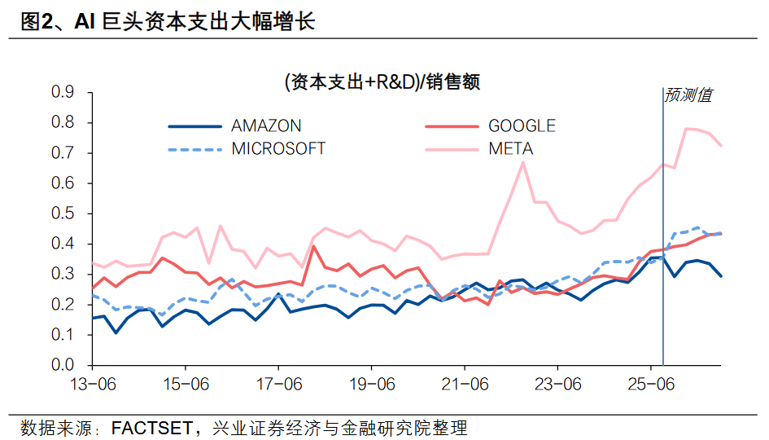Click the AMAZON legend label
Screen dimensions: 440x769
click(x=266, y=125)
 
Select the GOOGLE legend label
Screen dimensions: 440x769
click(x=522, y=125)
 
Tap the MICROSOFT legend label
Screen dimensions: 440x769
click(x=278, y=148)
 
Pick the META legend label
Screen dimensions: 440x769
click(x=510, y=148)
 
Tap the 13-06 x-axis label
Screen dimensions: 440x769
click(x=93, y=384)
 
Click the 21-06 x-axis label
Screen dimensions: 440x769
click(x=465, y=384)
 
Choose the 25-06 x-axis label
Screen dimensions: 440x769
click(x=651, y=384)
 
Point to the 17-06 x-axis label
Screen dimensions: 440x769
click(x=279, y=384)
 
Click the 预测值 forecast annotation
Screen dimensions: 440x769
click(x=688, y=95)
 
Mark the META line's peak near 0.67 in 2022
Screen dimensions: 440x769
click(x=522, y=162)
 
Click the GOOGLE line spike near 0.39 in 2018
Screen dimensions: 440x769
click(x=314, y=246)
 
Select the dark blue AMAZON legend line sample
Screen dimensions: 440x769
click(x=194, y=126)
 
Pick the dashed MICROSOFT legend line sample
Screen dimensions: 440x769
click(x=194, y=149)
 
